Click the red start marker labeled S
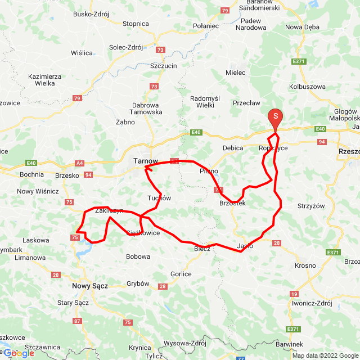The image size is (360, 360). (276, 117)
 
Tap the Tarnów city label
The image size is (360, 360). (146, 161)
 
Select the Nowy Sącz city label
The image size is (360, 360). (89, 286)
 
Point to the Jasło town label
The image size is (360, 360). (245, 246)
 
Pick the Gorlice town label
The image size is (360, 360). (181, 274)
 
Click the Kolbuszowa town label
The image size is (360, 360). (307, 87)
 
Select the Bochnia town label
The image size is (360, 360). (31, 174)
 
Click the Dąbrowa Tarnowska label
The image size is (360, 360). (147, 109)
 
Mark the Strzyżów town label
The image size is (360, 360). (312, 206)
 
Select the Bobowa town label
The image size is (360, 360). (138, 256)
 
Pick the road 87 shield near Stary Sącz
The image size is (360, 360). (77, 321)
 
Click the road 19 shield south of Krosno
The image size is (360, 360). (294, 294)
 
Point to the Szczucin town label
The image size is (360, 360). (164, 65)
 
